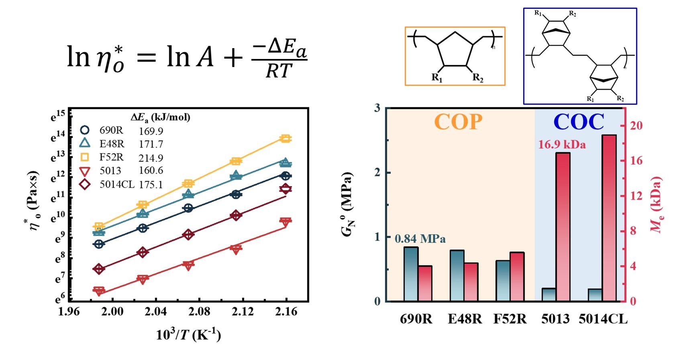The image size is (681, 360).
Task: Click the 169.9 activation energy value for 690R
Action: (x=151, y=131)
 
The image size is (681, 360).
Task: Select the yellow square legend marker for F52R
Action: (x=85, y=157)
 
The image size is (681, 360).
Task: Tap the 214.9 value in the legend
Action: (x=151, y=158)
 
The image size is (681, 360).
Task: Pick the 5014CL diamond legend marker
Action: (x=85, y=184)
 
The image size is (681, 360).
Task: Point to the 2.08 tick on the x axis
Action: (x=199, y=311)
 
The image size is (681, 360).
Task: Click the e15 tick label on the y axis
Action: (x=58, y=117)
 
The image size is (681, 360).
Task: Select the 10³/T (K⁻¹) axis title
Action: (x=188, y=334)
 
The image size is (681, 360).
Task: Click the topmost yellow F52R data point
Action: (x=285, y=139)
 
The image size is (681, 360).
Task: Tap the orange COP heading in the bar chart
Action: (x=458, y=122)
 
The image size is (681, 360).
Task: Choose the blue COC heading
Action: (x=579, y=122)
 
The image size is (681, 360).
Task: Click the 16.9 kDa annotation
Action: (x=562, y=145)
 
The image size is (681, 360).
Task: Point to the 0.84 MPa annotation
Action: (x=420, y=239)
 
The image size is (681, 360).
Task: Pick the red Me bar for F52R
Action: (x=517, y=277)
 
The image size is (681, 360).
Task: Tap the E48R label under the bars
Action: (x=465, y=319)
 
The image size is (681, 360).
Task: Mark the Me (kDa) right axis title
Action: (x=656, y=205)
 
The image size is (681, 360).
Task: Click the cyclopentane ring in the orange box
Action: (x=455, y=50)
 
